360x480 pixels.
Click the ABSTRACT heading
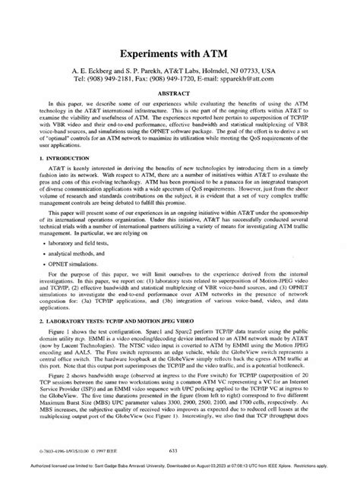tap(180, 87)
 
